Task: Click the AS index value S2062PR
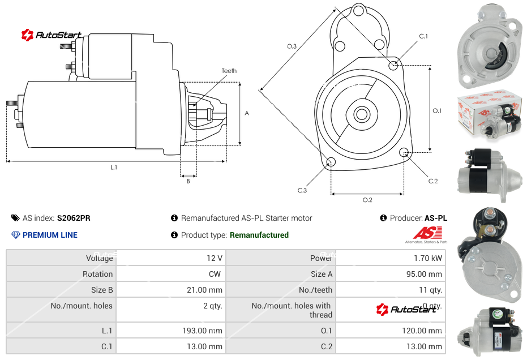click(74, 218)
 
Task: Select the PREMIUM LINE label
click(50, 235)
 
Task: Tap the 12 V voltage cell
click(214, 258)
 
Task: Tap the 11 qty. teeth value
click(430, 290)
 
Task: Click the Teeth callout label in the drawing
click(229, 71)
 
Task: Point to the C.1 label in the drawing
click(423, 36)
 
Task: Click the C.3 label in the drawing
click(302, 190)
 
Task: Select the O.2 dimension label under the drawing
click(367, 200)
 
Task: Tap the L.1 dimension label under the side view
click(114, 168)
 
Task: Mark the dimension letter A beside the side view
click(246, 113)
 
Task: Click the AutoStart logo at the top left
click(52, 35)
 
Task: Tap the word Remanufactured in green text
click(259, 235)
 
